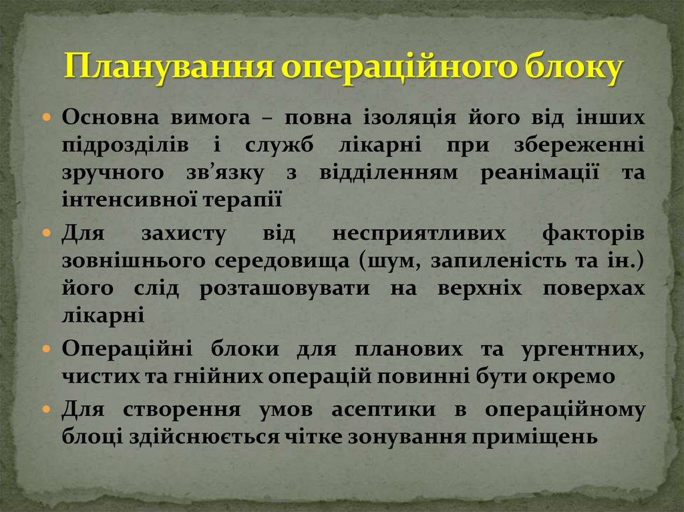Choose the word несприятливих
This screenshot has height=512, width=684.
(x=421, y=234)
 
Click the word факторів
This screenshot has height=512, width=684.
(x=593, y=234)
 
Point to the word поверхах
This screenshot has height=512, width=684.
(x=593, y=288)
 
